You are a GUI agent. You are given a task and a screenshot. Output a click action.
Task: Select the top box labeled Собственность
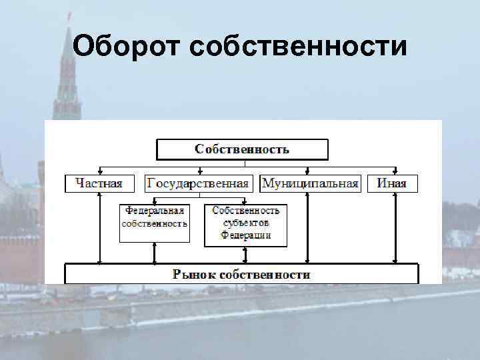(242, 149)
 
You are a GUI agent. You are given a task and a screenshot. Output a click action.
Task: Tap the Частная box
(99, 183)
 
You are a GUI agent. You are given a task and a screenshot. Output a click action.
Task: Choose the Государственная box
(198, 183)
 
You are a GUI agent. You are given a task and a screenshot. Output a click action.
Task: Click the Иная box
(392, 183)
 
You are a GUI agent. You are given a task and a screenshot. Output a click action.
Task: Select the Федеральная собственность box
(155, 217)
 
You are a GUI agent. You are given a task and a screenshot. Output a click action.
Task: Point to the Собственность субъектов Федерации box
(245, 223)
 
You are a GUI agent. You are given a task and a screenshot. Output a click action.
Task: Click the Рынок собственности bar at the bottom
(241, 274)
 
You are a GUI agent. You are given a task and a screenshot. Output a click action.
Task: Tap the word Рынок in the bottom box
(194, 274)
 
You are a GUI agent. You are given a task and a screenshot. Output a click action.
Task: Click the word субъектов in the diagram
(246, 223)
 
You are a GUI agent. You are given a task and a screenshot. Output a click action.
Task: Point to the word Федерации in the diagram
(246, 235)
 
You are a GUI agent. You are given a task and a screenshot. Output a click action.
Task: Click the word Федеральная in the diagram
(155, 210)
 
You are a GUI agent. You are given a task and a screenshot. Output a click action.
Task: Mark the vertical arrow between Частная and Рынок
(99, 227)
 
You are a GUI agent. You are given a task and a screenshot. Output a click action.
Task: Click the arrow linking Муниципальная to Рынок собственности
(307, 227)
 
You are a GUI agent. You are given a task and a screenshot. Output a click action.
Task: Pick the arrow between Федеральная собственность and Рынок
(155, 253)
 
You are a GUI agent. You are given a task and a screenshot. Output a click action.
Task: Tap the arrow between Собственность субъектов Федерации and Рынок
(245, 255)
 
